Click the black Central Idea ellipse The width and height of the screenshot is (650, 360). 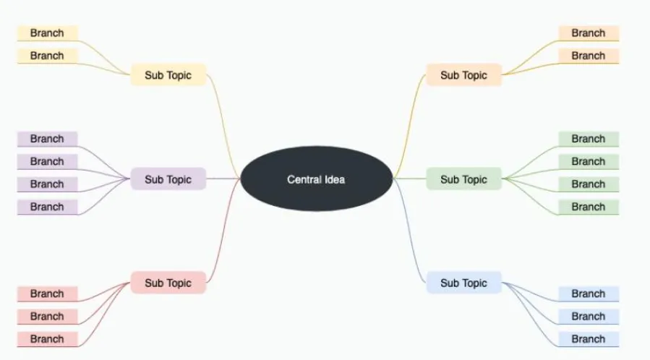click(x=316, y=179)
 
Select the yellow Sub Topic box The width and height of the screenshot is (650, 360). click(x=168, y=75)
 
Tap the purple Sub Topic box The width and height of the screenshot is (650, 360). click(x=168, y=179)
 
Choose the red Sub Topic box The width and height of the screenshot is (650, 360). click(x=168, y=283)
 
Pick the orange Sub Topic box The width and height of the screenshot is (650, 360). click(x=463, y=75)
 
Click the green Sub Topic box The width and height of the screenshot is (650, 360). click(x=463, y=179)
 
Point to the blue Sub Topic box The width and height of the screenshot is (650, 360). click(x=463, y=283)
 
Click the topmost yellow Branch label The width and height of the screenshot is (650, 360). click(x=47, y=33)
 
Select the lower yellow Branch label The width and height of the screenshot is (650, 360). click(x=47, y=56)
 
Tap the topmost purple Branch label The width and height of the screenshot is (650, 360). click(x=47, y=139)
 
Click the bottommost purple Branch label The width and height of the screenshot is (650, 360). click(x=47, y=207)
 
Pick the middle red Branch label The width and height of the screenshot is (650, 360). click(x=47, y=316)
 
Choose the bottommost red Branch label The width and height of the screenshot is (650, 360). click(x=47, y=338)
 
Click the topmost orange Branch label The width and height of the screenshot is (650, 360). click(x=589, y=33)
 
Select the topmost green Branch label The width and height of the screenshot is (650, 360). click(x=589, y=139)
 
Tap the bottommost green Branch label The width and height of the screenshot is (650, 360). click(x=589, y=207)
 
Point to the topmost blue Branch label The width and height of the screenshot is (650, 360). click(x=589, y=293)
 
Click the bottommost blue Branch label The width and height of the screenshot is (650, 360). click(x=589, y=338)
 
